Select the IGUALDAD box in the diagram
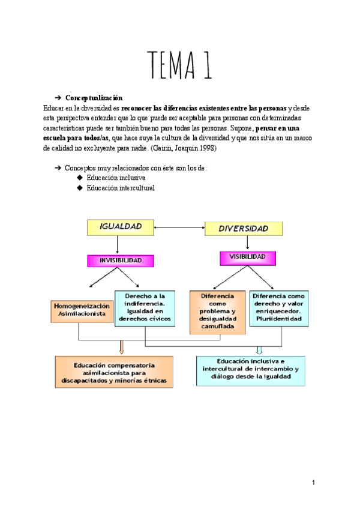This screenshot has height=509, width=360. pos(117,227)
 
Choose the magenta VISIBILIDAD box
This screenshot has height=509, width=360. pos(248,257)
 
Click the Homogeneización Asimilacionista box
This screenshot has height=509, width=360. pos(82,309)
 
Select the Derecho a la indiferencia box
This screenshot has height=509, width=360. pos(145,307)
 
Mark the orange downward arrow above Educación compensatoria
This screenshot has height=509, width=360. pos(121,348)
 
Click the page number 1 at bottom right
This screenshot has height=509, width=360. pos(314,482)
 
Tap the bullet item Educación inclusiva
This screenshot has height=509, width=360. pos(116,178)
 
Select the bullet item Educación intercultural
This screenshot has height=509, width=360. pos(120,188)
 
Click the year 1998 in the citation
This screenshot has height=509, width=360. pos(206,148)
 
